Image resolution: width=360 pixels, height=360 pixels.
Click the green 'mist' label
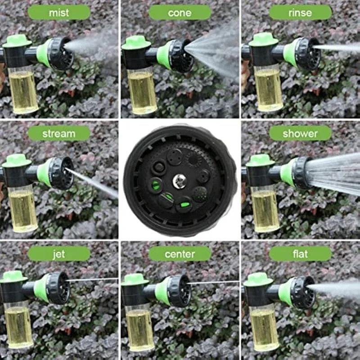(59, 13)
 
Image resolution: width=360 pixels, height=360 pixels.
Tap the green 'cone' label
(180, 13)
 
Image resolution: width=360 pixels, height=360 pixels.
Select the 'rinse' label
(300, 13)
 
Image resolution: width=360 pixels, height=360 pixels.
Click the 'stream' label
(59, 133)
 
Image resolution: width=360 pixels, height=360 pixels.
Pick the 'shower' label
(300, 133)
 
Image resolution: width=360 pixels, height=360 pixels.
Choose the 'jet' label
(59, 254)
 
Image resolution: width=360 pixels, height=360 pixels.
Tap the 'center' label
(180, 254)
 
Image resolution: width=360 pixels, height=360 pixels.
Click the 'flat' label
(300, 254)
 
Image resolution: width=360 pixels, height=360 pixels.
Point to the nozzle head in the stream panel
(58, 172)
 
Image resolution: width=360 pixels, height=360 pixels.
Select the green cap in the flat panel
(258, 279)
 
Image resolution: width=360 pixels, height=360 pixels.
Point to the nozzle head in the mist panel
(58, 53)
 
